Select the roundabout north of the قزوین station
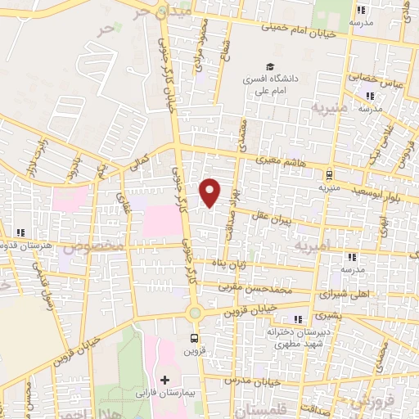tap(195, 313)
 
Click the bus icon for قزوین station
tap(195, 338)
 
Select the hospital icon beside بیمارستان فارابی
tap(164, 381)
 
